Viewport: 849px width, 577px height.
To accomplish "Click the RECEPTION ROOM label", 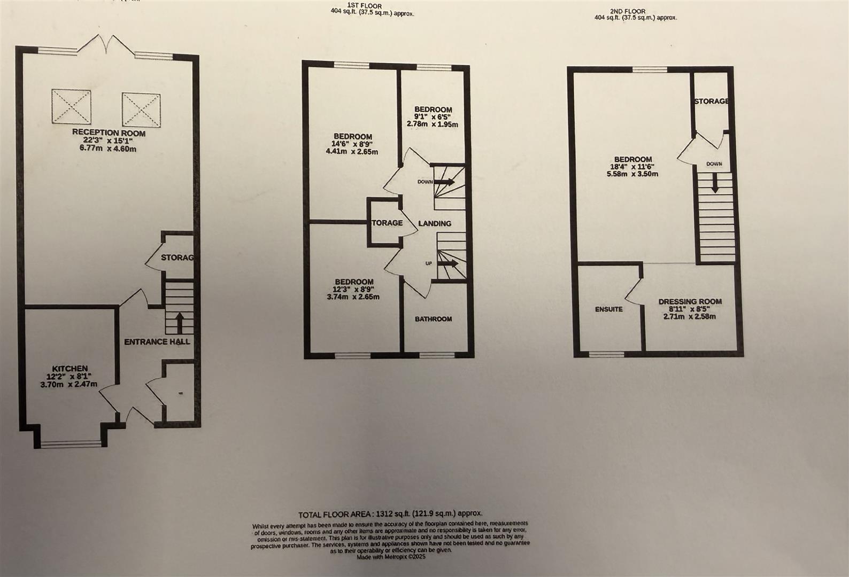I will click(x=109, y=133).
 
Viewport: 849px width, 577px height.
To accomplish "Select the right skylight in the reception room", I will click(x=141, y=110).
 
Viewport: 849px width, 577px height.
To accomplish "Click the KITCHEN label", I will click(x=70, y=369).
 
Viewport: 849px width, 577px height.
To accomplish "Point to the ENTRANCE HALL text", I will click(x=157, y=341).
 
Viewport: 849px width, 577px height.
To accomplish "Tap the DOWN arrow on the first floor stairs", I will click(x=445, y=182).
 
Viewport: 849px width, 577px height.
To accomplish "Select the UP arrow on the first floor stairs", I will click(x=448, y=263).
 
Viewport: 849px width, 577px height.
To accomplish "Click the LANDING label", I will click(x=434, y=223).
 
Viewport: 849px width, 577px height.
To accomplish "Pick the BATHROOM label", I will click(x=434, y=319).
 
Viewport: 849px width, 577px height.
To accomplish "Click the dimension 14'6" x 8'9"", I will click(x=353, y=144).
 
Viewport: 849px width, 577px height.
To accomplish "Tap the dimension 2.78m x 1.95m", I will click(x=432, y=124).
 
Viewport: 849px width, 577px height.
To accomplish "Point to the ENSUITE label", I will click(x=609, y=309).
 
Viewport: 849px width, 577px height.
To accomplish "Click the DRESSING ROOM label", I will click(x=690, y=301).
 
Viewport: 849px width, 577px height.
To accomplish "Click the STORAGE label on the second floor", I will click(x=711, y=101).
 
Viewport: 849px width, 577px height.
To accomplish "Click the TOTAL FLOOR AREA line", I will click(x=390, y=514).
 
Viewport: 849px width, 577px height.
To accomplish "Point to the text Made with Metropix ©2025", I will click(x=391, y=557).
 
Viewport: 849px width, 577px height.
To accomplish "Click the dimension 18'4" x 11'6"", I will click(x=633, y=167).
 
